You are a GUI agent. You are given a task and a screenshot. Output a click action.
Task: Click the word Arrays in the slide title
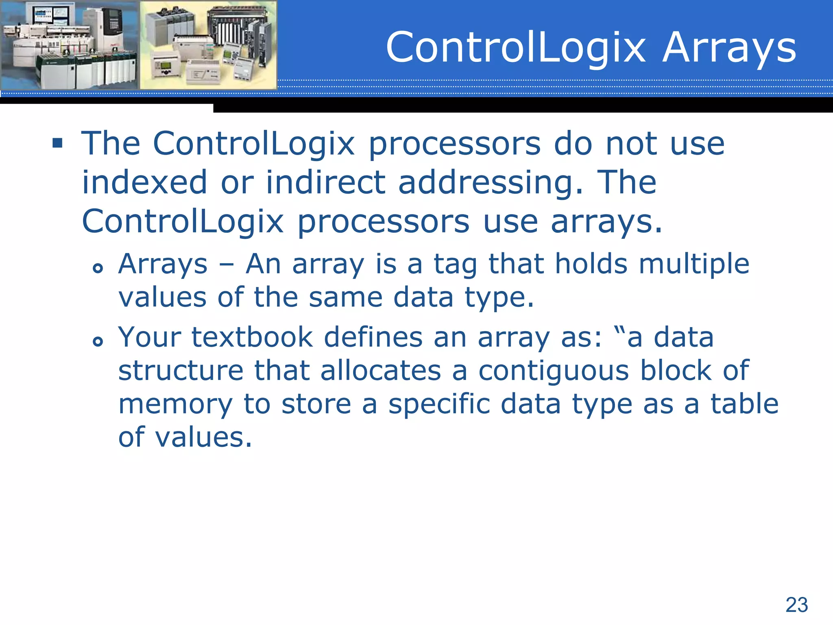pos(729,48)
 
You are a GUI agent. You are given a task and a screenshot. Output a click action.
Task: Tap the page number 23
pos(796,605)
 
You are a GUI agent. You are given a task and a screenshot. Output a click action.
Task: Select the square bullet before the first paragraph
pos(57,143)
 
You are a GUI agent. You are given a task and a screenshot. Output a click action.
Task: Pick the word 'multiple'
pos(694,264)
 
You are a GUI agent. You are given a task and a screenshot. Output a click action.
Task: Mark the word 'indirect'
pos(325,182)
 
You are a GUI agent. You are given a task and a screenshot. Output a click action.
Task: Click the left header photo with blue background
pos(70,45)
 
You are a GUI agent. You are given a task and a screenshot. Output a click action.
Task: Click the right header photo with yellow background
pos(208,45)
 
